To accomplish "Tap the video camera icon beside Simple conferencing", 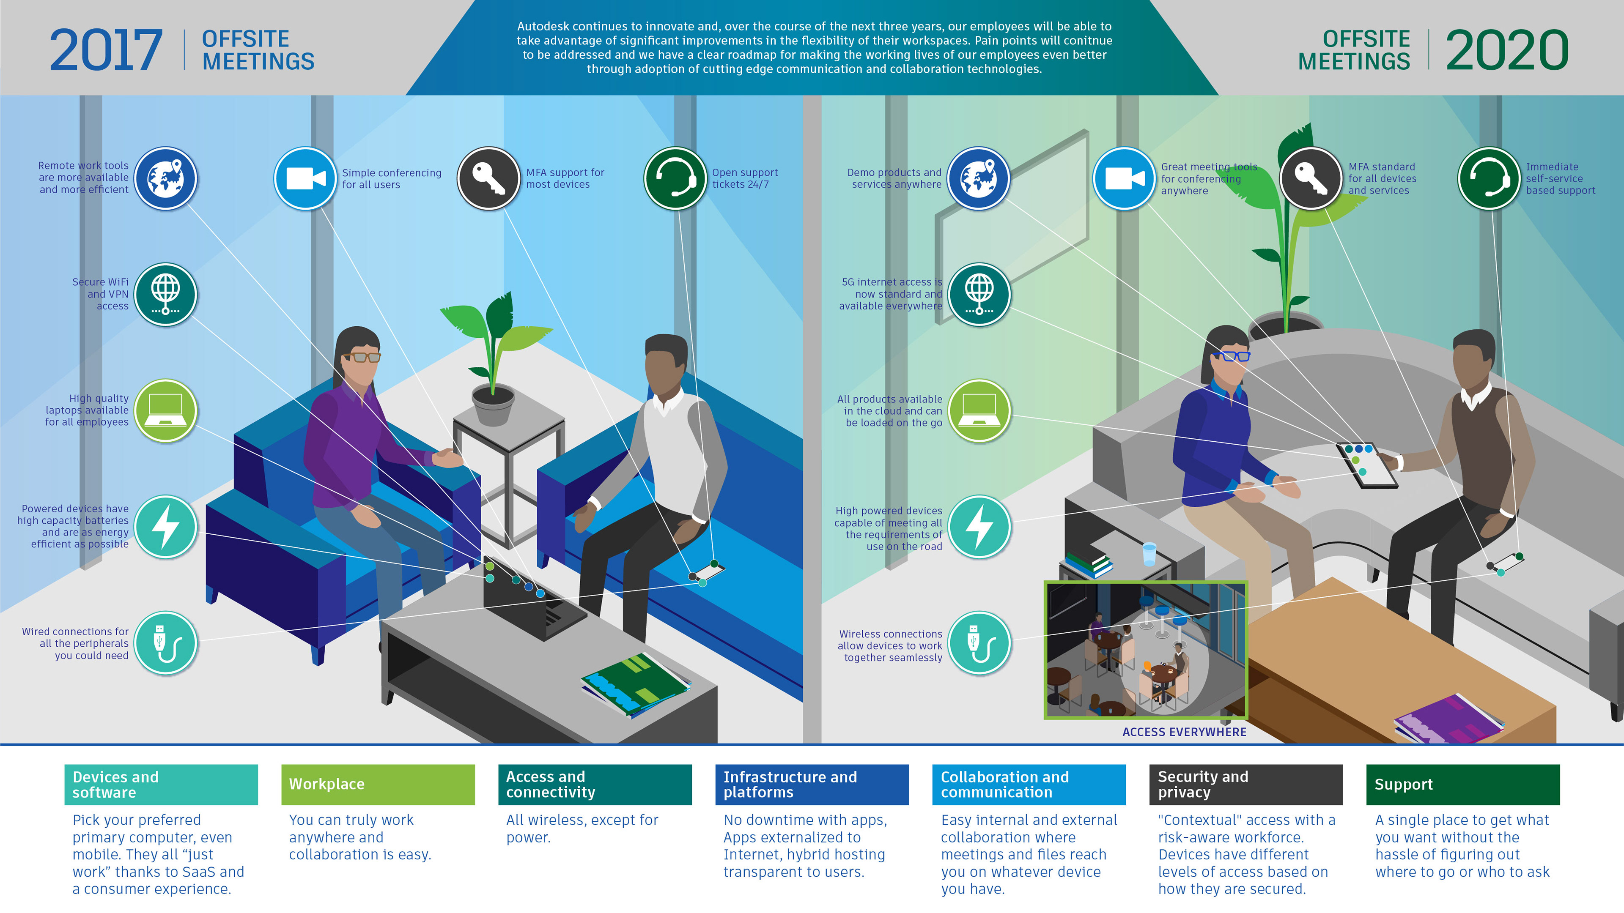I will [305, 178].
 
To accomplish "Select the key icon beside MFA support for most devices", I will [488, 178].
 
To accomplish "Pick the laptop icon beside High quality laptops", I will [165, 410].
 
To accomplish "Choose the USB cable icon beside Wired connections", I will [165, 642].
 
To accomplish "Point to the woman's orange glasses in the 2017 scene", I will [365, 357].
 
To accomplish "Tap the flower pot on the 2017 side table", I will [493, 406].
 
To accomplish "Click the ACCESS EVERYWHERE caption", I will [1184, 732].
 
